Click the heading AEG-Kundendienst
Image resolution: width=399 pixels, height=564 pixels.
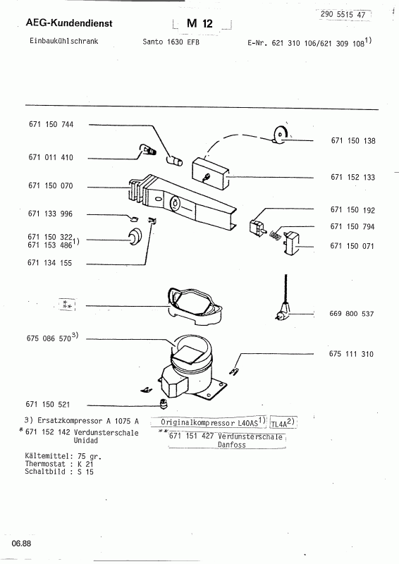[x=69, y=23]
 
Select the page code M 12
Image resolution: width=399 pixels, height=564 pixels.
[x=199, y=24]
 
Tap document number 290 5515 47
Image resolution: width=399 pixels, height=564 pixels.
[x=343, y=14]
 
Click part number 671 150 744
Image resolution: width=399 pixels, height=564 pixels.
[x=51, y=125]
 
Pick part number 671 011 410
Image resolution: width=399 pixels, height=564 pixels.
[x=51, y=157]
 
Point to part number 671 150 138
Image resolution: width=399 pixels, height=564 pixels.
[x=353, y=140]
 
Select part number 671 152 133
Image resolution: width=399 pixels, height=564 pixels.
[x=353, y=177]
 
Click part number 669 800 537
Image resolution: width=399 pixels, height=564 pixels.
[x=352, y=314]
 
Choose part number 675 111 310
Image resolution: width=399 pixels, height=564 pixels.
[x=351, y=354]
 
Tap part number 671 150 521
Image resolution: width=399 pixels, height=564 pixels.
[x=48, y=405]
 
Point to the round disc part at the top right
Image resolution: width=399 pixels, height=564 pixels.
[x=281, y=135]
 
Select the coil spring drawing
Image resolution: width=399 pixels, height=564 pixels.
[x=275, y=235]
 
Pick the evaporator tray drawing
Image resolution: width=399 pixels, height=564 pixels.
[x=195, y=306]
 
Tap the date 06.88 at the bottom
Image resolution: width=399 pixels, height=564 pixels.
[x=21, y=544]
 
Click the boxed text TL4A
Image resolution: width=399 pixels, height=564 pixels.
[x=283, y=422]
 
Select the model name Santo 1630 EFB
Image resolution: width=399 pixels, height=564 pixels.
[x=171, y=42]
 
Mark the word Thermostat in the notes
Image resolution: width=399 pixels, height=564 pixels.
[x=45, y=464]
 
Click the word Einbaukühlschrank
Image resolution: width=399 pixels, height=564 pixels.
[x=64, y=41]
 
